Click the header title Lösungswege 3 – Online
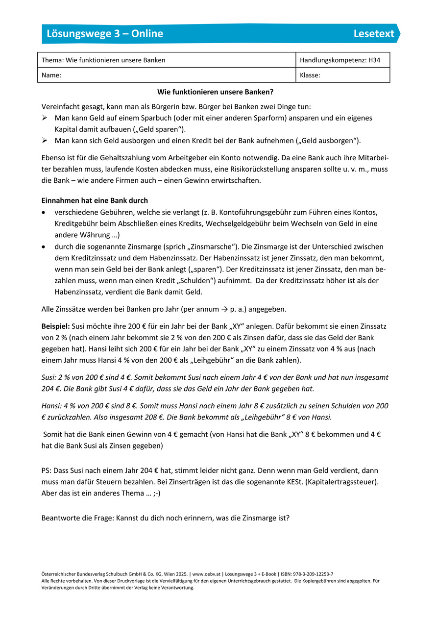[x=105, y=33]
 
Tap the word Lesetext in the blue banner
[x=374, y=33]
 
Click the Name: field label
[x=51, y=75]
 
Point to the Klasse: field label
[x=310, y=75]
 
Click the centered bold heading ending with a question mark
[x=215, y=92]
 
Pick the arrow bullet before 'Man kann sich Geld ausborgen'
[x=45, y=141]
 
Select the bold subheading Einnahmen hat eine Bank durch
[x=95, y=200]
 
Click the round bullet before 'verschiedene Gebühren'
[x=45, y=212]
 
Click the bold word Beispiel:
[x=56, y=326]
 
